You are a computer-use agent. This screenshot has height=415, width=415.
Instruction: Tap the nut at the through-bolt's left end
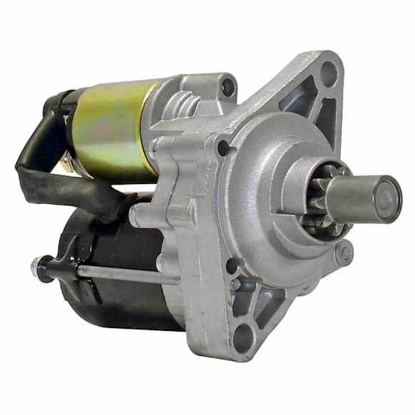[x=37, y=267]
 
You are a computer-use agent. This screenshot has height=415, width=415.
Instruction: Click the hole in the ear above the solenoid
[x=228, y=87]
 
